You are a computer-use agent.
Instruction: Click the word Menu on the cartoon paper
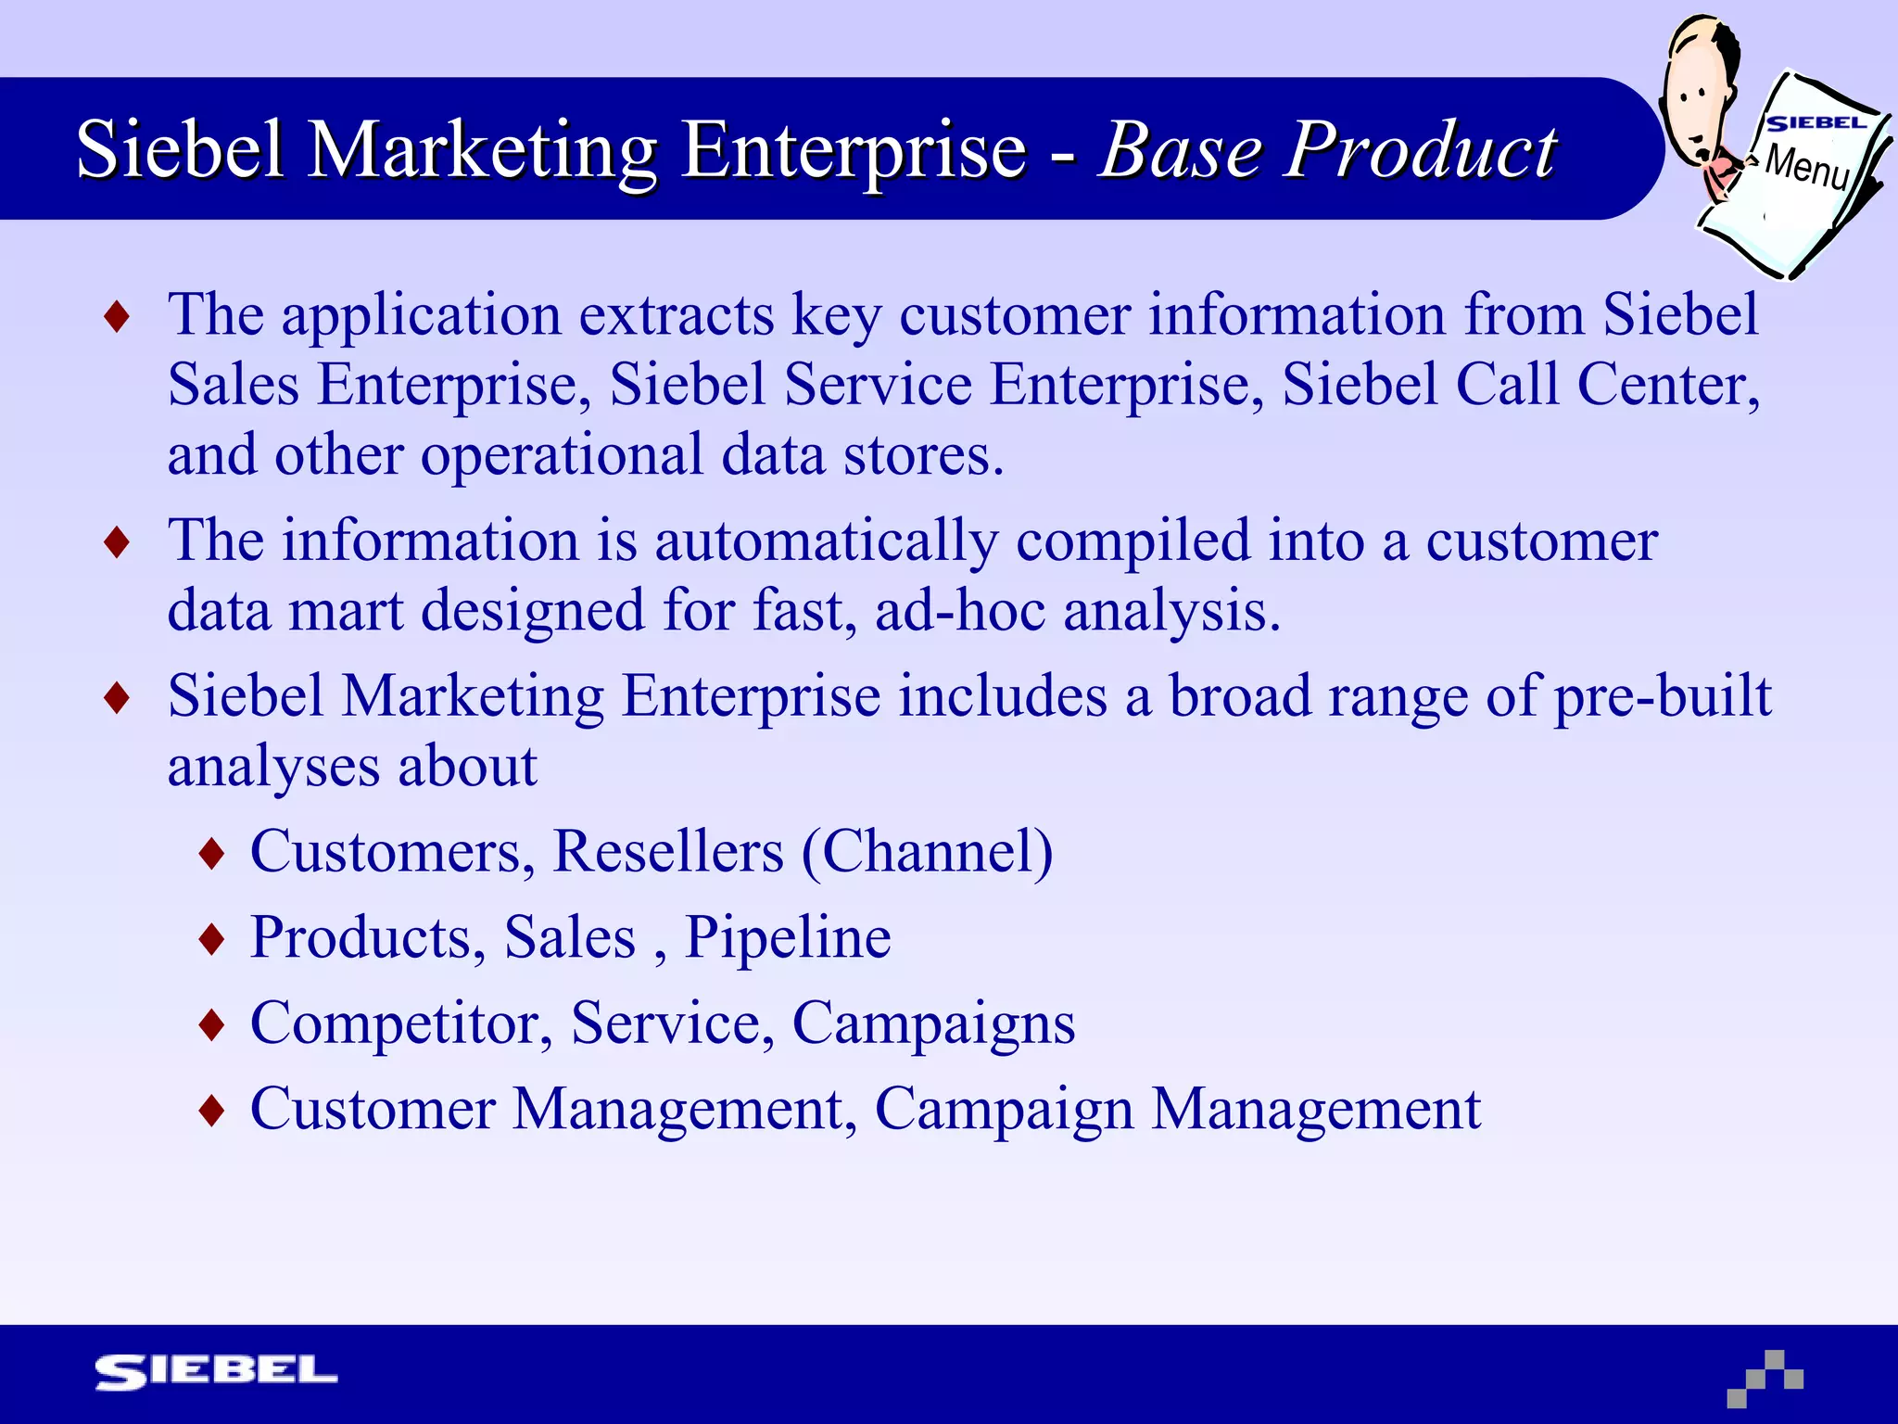tap(1806, 167)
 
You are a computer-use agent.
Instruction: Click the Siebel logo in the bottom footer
tap(216, 1371)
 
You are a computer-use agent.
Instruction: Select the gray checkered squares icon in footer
tap(1765, 1378)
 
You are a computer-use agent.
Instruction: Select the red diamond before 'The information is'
tap(117, 542)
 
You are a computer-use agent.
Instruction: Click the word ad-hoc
tap(960, 611)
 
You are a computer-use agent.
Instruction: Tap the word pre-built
tap(1663, 695)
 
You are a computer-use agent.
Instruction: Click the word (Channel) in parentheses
tap(927, 851)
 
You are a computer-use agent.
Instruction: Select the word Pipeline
tap(788, 936)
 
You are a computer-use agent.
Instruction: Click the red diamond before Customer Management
tap(212, 1111)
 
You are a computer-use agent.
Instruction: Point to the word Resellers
tap(668, 851)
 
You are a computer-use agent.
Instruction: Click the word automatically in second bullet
tap(827, 540)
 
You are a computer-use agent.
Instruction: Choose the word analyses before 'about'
tap(273, 767)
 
